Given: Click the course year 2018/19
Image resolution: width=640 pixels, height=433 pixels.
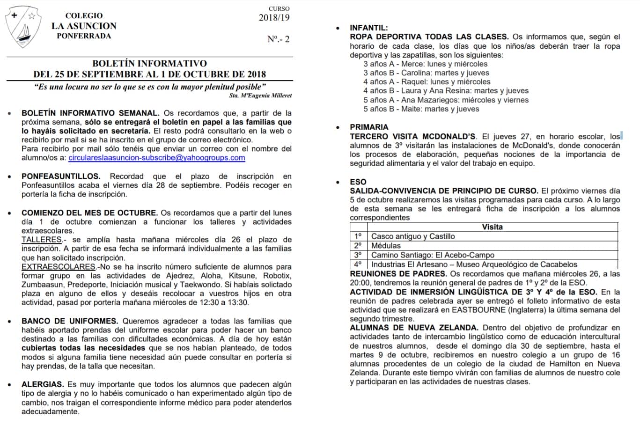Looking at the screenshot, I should click(274, 18).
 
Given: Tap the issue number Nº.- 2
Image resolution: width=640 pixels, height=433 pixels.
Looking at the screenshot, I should click(278, 39).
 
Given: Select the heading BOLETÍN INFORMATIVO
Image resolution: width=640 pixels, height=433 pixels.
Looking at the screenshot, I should click(149, 63).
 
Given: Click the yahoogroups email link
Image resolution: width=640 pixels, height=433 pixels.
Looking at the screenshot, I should click(156, 158).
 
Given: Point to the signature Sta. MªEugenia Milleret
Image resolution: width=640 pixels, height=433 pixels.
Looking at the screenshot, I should click(260, 95).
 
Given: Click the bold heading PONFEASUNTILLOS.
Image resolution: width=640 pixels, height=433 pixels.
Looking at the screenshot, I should click(61, 176).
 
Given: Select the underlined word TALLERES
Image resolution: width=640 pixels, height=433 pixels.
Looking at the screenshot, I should click(42, 240).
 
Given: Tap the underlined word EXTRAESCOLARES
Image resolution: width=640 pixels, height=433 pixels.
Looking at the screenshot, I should click(58, 267).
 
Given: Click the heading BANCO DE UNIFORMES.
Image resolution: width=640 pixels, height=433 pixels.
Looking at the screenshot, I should click(70, 321).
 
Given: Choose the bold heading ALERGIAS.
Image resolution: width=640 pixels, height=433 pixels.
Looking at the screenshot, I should click(43, 384).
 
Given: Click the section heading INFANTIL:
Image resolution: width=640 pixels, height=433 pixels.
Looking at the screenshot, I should click(368, 28).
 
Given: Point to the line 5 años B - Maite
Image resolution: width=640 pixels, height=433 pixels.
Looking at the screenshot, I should click(421, 109).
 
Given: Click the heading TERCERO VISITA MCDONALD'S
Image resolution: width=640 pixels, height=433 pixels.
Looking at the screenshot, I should click(412, 137).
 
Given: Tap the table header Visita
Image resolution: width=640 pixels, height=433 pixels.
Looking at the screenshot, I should click(492, 227).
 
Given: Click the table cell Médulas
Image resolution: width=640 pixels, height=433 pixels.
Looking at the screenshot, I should click(386, 246).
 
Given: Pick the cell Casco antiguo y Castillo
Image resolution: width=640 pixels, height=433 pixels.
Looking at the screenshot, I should click(412, 236).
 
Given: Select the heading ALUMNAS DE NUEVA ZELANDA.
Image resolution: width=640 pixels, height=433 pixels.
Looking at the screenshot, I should click(414, 328).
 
